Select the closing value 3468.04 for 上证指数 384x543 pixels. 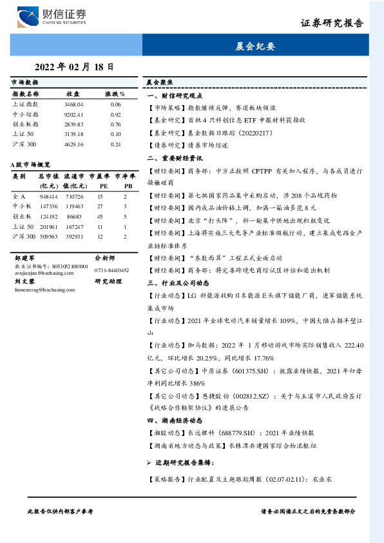(x=74, y=104)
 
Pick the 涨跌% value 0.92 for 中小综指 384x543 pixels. (x=115, y=114)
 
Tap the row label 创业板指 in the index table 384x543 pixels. (x=25, y=124)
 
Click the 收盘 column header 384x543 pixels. (x=73, y=94)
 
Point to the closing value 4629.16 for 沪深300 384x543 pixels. (x=74, y=144)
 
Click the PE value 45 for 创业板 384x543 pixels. (x=101, y=217)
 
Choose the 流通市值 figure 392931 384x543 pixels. (x=74, y=237)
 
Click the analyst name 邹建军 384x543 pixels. (x=24, y=257)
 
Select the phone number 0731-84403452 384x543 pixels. (x=111, y=270)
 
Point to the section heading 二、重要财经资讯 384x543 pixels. (x=175, y=157)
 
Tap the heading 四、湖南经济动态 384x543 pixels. (x=175, y=420)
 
